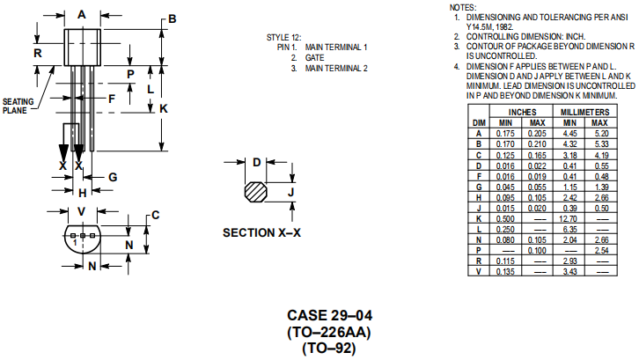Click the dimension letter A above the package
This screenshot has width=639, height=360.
click(82, 14)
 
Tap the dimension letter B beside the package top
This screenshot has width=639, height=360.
click(173, 18)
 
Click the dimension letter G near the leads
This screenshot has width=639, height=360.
click(113, 177)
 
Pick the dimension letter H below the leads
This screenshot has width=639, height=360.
click(82, 193)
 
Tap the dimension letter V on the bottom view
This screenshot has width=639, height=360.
click(81, 211)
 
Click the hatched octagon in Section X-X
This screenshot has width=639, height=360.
click(255, 191)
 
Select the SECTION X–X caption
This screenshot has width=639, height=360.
click(261, 233)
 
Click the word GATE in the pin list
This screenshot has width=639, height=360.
click(314, 57)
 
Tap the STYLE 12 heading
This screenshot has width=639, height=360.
click(283, 37)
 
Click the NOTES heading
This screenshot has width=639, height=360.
click(462, 7)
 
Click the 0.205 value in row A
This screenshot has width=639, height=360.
click(537, 133)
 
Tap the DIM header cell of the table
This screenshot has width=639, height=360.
click(480, 122)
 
